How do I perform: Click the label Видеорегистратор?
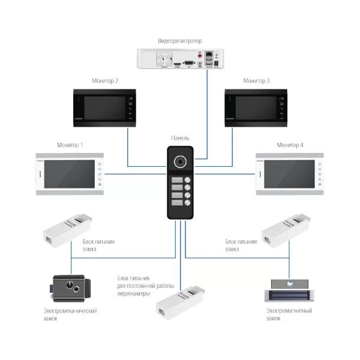coord(179,41)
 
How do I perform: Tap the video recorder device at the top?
coord(179,59)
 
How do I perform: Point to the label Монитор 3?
coord(256,80)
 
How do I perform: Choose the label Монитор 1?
coord(70,145)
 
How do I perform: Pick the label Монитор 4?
coord(290,145)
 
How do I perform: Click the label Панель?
coord(180,138)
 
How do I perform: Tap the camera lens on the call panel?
coord(180,162)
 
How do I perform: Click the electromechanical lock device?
coord(70,289)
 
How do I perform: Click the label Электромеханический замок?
coord(70,315)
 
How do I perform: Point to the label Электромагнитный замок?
coord(289,315)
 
